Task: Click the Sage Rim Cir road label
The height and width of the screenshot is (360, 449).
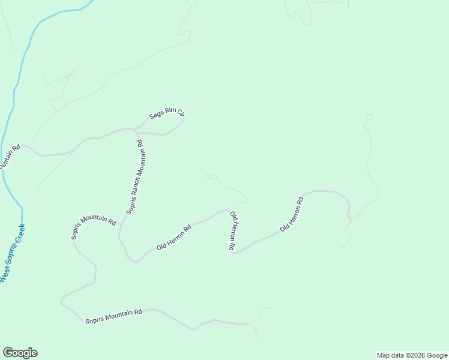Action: coord(166,113)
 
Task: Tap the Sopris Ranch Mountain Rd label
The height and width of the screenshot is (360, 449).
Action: coord(134,177)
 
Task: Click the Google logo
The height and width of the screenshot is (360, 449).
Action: coord(20,353)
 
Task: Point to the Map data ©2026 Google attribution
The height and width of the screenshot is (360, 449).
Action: coord(412,355)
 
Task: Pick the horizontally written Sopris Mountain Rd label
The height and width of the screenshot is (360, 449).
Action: coord(113,313)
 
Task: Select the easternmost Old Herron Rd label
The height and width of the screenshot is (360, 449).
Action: coord(292,214)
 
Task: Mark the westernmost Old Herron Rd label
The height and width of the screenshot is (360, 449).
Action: coord(173,237)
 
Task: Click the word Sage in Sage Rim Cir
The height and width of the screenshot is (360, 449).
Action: coord(156,115)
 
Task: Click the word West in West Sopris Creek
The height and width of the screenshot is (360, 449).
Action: coord(4,277)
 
